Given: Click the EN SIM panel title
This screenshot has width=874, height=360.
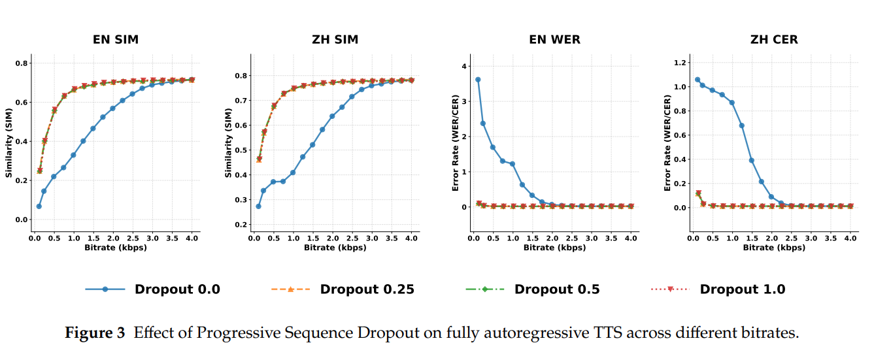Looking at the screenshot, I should [115, 40].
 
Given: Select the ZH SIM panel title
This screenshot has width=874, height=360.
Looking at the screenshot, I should [335, 40].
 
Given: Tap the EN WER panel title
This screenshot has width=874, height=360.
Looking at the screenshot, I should [554, 40].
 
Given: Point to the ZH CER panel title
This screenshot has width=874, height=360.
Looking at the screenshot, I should [774, 40].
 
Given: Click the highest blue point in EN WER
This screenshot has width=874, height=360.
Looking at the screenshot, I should [478, 80].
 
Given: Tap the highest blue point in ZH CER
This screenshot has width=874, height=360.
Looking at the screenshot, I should [698, 80].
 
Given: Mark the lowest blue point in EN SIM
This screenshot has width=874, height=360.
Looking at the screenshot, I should [39, 206].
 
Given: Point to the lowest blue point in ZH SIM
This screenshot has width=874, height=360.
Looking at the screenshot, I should [258, 206].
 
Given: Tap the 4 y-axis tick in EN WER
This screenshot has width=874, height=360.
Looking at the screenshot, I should [464, 66].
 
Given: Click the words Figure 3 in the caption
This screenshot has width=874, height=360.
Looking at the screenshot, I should [95, 333].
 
